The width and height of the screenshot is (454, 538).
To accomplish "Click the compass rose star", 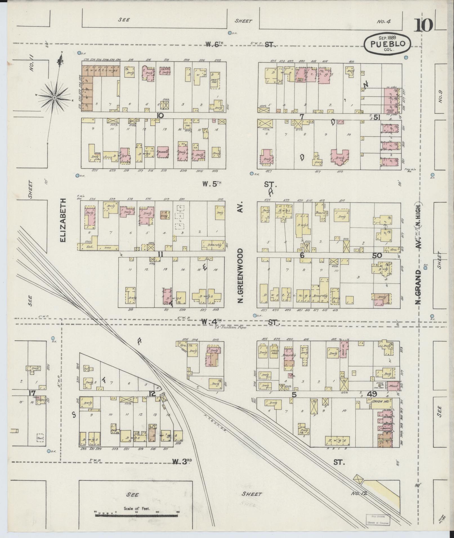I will (x=54, y=98).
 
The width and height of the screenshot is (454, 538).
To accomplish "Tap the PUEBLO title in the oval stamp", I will (x=388, y=44).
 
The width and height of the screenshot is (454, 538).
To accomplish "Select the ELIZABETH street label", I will (x=63, y=220).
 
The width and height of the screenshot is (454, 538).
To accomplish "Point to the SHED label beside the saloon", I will (x=108, y=248).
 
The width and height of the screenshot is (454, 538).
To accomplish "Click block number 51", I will (x=377, y=117).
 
